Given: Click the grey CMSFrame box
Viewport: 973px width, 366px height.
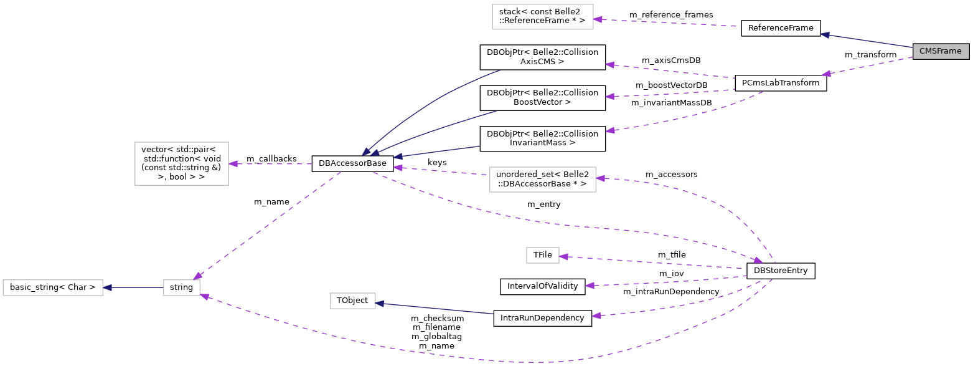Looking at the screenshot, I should point(940,51).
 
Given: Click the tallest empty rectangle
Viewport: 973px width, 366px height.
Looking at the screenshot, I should point(182,163).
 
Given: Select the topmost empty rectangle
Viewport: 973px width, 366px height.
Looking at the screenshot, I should point(542,17).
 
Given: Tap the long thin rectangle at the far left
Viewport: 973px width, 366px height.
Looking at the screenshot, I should point(53,287).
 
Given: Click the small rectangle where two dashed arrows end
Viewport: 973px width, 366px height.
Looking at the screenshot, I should point(182,287).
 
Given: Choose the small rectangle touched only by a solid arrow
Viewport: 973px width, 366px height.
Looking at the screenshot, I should point(353,301).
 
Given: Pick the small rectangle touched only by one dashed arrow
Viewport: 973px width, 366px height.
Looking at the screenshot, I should point(542,255).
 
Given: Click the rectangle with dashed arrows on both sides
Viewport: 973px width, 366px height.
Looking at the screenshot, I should point(542,180).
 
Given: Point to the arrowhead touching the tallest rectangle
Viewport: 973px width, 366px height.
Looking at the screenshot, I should point(233,164).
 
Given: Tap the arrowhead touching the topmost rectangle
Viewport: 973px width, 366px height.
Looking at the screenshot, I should point(598,19).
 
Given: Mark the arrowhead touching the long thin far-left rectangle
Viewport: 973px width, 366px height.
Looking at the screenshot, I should point(107,287).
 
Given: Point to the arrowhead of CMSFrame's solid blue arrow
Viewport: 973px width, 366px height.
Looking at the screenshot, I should point(825,34).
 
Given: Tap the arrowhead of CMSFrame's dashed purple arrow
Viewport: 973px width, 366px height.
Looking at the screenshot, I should point(826,74).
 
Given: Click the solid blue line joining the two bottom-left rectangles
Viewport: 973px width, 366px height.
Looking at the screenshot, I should point(133,287).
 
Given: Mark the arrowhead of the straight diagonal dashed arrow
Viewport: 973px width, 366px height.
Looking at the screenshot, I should point(197,276).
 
